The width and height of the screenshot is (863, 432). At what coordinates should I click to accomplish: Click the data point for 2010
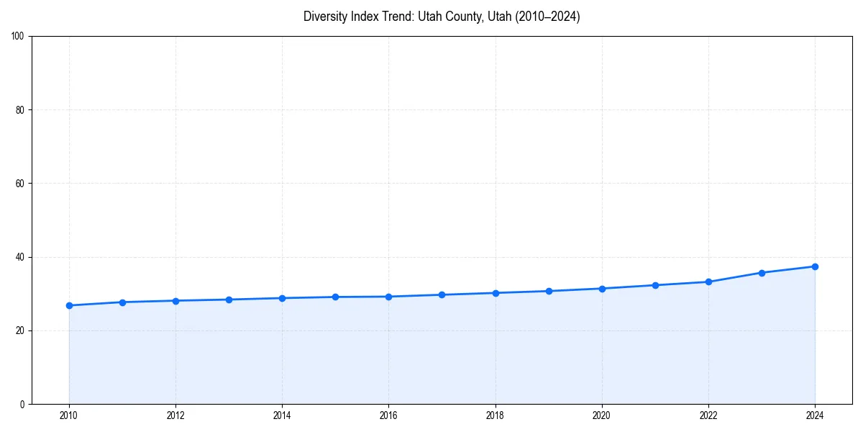click(69, 305)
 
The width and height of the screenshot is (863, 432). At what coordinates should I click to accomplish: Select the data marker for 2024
click(815, 266)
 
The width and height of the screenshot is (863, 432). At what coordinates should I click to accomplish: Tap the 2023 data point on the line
click(762, 273)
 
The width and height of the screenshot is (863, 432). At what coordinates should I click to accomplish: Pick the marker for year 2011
click(122, 302)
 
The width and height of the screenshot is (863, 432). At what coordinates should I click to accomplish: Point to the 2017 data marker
click(442, 294)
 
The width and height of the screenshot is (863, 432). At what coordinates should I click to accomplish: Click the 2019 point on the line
click(549, 291)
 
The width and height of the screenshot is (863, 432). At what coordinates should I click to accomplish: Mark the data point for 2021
click(655, 285)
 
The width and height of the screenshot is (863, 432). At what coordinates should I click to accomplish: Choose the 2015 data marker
click(335, 297)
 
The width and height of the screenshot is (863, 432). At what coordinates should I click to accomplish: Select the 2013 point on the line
click(229, 300)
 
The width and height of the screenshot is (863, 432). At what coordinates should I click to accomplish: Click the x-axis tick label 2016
click(388, 415)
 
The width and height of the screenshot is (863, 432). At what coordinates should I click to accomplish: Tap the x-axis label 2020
click(602, 415)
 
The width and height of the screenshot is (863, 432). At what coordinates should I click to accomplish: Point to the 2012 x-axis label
click(175, 415)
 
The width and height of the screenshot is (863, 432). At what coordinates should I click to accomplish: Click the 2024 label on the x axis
click(815, 415)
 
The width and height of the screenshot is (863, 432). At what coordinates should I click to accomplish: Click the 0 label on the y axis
click(23, 404)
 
